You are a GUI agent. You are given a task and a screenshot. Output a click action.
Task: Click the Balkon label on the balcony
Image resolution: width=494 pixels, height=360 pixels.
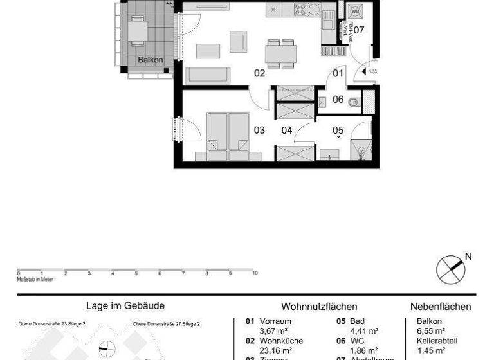(150, 60)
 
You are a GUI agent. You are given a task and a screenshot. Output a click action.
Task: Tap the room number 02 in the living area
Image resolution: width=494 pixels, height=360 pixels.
(259, 73)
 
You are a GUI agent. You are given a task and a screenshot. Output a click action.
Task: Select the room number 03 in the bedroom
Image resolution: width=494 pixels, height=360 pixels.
(259, 130)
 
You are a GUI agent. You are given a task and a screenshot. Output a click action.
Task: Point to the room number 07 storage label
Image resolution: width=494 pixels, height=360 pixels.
(359, 30)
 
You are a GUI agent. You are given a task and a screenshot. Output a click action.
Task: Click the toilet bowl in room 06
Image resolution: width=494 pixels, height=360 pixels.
(352, 101)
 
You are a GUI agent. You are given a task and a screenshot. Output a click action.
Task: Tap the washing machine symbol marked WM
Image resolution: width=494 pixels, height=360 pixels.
(355, 11)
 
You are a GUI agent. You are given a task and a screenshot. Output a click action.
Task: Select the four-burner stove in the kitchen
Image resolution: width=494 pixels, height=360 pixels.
(300, 9)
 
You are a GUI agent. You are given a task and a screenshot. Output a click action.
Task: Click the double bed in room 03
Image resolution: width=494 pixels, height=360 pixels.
(228, 135)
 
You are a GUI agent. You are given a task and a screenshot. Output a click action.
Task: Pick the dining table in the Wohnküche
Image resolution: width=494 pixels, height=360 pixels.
(281, 52)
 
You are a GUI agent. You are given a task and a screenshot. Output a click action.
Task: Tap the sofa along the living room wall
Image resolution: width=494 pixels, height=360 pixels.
(208, 75)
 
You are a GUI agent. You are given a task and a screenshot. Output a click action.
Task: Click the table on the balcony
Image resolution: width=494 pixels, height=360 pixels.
(138, 30)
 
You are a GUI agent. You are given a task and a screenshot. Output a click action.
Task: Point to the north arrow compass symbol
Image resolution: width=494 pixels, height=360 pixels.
(450, 269)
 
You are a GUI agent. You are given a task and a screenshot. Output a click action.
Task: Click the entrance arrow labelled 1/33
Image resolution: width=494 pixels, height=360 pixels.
(369, 72)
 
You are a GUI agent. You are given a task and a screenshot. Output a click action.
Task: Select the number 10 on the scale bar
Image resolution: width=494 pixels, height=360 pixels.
(255, 273)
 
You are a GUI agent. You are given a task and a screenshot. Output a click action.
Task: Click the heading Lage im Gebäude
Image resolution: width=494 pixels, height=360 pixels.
(125, 307)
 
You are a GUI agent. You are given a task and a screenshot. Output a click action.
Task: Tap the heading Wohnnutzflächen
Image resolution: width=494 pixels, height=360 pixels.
(319, 307)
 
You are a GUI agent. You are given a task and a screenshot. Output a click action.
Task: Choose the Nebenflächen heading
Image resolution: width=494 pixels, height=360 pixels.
(441, 307)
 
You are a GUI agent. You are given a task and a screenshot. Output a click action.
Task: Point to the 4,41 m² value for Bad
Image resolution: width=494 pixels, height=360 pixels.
(364, 331)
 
